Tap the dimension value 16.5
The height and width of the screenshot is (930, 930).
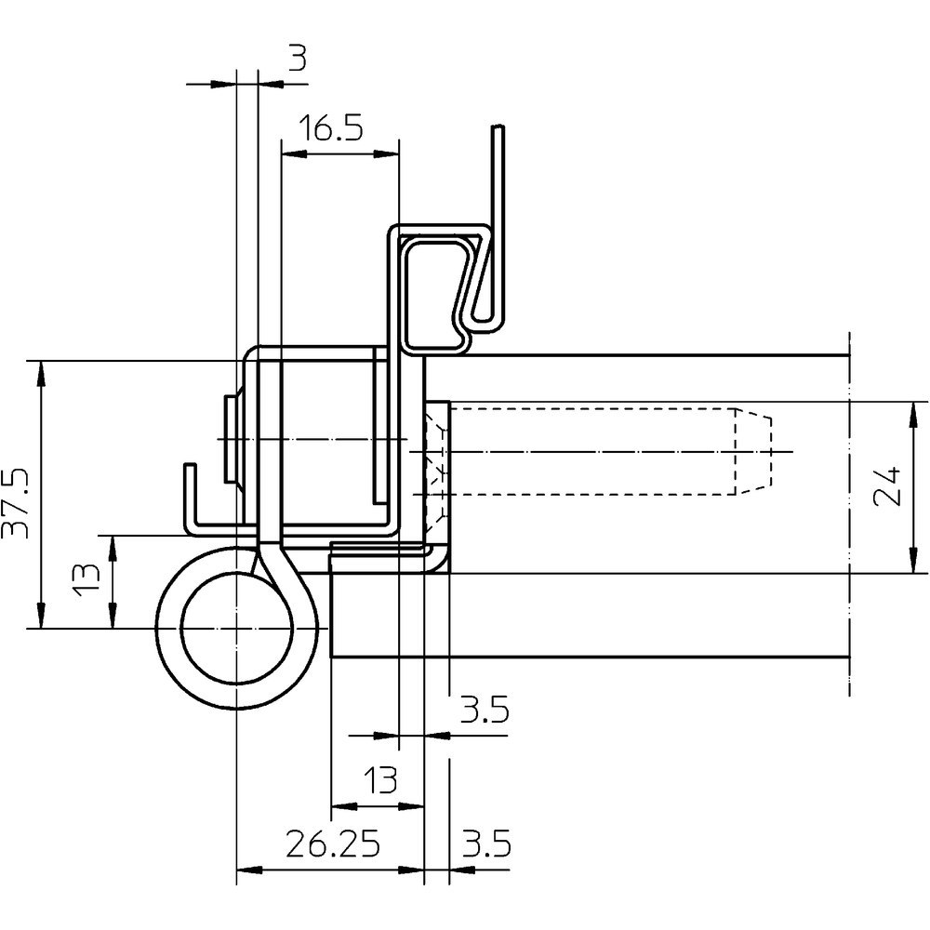coord(331,128)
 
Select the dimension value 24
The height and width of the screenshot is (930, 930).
coord(888,486)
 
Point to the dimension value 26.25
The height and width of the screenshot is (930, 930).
coord(332,844)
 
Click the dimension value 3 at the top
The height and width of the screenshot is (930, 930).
coord(299,59)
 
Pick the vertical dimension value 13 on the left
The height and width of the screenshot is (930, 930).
coord(86,579)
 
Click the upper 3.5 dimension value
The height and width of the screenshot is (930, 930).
coord(485,710)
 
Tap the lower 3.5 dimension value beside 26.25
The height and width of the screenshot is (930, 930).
coord(485,844)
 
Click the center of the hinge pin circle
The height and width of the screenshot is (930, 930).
coord(236,628)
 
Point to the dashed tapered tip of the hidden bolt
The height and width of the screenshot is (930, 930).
coord(754,452)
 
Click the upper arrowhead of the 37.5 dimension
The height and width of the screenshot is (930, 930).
coord(40,373)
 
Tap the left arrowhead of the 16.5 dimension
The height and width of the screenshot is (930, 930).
coord(293,154)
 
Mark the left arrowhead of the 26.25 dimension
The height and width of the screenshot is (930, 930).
coord(249,870)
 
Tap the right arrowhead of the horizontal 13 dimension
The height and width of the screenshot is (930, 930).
coord(412,806)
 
